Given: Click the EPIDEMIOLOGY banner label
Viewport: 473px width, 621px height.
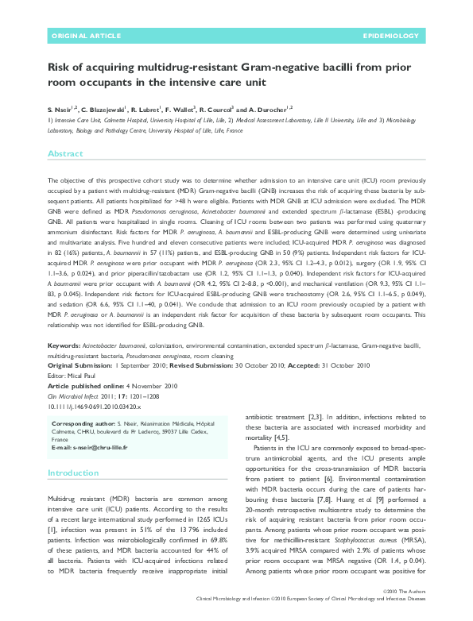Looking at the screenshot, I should [x=390, y=37].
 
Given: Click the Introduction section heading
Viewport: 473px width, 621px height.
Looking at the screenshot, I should [x=74, y=472].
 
